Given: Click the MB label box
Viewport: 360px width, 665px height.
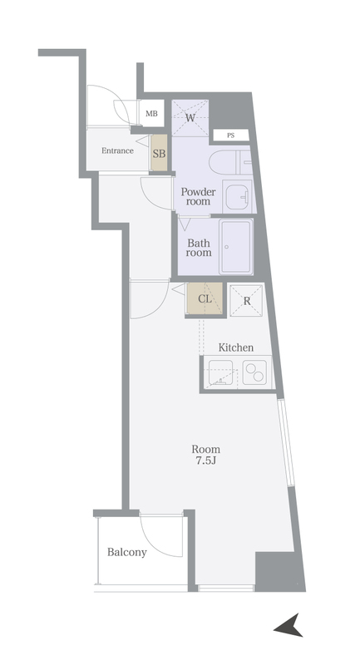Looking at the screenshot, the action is [151, 113].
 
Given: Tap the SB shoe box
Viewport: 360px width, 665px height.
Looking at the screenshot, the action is [159, 153].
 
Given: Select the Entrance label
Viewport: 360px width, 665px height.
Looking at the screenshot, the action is [117, 150].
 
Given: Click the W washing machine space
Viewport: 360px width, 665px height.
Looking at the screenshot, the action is [190, 117].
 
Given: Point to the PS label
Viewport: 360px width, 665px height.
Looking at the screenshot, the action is [230, 135].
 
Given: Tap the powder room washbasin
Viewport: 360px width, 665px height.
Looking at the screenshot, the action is [238, 196].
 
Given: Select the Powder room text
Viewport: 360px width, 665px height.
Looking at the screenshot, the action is [198, 196].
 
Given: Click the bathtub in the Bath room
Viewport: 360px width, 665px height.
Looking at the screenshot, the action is [236, 246].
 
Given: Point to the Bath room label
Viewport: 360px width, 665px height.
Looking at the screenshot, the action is [199, 248].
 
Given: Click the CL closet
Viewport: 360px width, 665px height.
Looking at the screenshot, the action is [205, 298].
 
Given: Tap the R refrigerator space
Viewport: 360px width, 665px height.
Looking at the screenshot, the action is [246, 301].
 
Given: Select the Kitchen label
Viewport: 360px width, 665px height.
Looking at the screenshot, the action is [236, 347].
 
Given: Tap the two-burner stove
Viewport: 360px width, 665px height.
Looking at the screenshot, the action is [254, 372].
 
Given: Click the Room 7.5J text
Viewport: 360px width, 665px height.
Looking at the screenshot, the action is [205, 455].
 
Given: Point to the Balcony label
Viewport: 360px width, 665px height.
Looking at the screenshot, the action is [126, 552].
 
